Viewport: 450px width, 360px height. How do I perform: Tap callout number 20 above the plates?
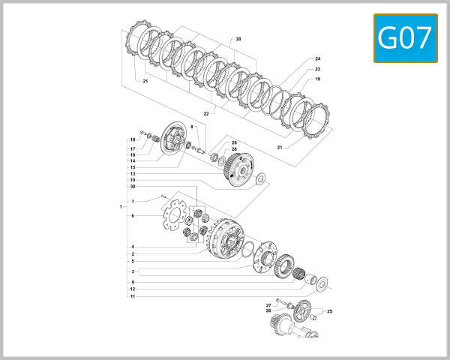pos(238,38)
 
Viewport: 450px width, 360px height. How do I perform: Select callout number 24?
pos(317,58)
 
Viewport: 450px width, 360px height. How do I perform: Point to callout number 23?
pos(317,69)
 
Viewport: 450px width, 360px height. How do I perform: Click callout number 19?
pos(317,79)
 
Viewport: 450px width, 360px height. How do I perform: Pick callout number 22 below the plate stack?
pos(206,113)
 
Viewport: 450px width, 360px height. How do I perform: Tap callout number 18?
pos(132,139)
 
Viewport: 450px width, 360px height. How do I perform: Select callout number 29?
pos(234,142)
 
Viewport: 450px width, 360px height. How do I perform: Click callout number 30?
pos(132,187)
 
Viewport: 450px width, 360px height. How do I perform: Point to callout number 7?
pos(132,202)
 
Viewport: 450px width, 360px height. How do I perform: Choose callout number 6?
pos(132,216)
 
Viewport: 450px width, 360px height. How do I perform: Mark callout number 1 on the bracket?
pos(120,206)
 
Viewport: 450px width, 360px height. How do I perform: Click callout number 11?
pos(132,296)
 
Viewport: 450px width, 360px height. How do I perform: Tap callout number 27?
pos(268,304)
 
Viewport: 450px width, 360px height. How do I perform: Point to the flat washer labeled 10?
pos(259,179)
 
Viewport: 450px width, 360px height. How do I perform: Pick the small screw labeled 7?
pos(160,197)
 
